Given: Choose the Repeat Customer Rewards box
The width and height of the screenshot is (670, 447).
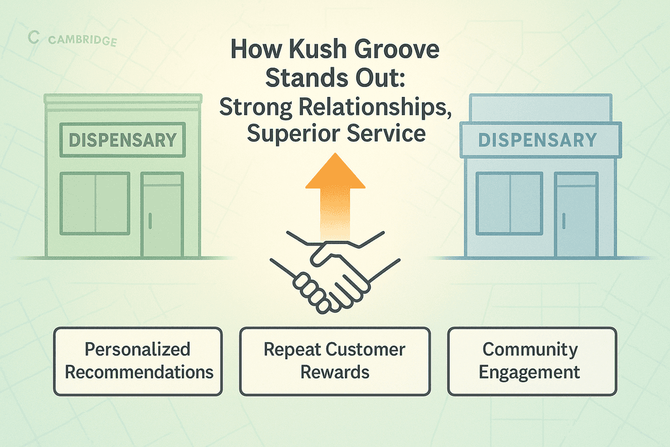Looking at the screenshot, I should click(x=335, y=361).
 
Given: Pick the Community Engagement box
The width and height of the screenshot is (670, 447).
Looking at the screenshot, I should click(x=531, y=361).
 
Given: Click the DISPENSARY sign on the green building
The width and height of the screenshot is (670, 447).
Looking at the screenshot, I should click(x=122, y=139).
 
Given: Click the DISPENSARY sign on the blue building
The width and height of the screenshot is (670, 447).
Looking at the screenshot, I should click(x=537, y=140).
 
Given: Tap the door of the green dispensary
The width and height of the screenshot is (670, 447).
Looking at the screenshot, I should click(x=162, y=215).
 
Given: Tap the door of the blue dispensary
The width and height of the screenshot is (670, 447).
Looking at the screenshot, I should click(x=576, y=214).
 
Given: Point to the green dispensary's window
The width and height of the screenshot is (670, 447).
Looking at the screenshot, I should click(x=95, y=203).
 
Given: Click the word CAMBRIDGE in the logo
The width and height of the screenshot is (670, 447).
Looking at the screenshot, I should click(x=82, y=41).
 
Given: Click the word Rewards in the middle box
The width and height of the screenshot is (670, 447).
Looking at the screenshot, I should click(x=335, y=372).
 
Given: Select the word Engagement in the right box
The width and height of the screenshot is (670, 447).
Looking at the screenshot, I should click(x=529, y=372).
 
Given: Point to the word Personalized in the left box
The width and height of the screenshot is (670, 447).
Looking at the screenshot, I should click(x=137, y=349).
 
